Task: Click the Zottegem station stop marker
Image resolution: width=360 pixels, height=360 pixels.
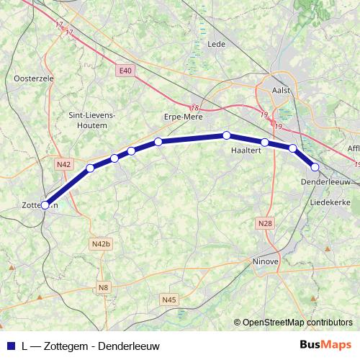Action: coord(45,204)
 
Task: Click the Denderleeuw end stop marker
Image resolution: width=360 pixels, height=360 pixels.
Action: coord(315,167)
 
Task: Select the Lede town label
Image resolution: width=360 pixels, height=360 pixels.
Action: coord(216,44)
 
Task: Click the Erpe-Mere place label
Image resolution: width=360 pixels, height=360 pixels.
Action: coord(184,117)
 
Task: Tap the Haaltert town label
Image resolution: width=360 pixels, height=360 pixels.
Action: coord(246,150)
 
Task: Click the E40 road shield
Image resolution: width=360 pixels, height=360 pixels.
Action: coord(126,70)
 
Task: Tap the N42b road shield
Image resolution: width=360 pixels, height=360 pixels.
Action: coord(101,244)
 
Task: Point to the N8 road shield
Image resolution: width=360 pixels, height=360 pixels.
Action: coord(104,287)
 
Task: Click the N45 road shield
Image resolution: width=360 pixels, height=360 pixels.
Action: coord(169,300)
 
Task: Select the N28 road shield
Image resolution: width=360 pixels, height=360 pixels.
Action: coord(265,224)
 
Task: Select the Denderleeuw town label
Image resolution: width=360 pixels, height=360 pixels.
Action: coord(326,182)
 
